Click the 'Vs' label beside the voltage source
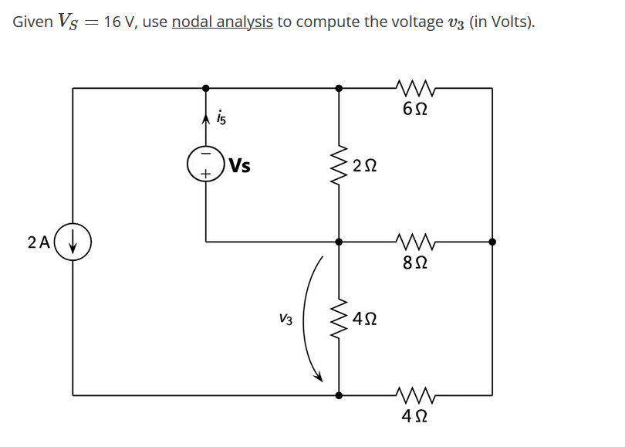coord(239,166)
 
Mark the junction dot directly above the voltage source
coord(205,88)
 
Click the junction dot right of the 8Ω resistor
coord(492,242)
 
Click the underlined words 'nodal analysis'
coord(222,22)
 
